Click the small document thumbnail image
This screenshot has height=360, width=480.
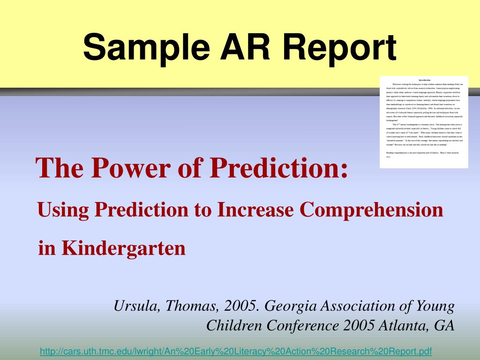(x=424, y=121)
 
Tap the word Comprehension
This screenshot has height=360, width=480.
(x=372, y=210)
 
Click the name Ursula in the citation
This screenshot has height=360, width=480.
(x=137, y=307)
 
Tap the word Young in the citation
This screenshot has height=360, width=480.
(x=435, y=307)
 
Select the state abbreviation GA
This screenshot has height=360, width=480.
(x=444, y=325)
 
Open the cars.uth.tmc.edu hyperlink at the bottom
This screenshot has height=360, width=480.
(x=235, y=351)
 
